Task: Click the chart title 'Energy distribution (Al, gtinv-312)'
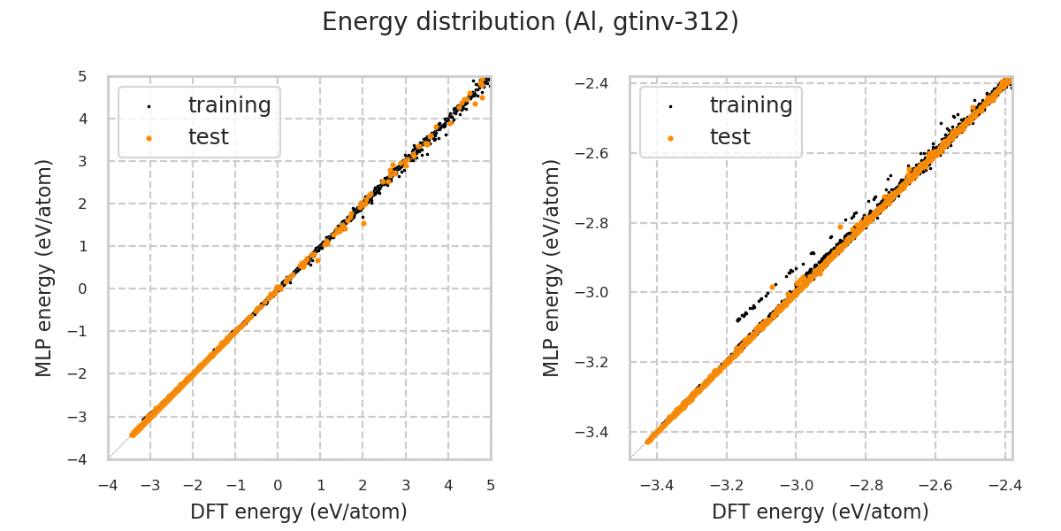pyautogui.click(x=530, y=22)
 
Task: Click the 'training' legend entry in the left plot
pyautogui.click(x=229, y=105)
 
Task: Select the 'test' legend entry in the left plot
pyautogui.click(x=208, y=137)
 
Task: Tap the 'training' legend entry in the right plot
pyautogui.click(x=751, y=105)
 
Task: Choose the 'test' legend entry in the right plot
pyautogui.click(x=729, y=137)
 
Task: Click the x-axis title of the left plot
pyautogui.click(x=299, y=512)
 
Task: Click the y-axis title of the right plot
pyautogui.click(x=553, y=267)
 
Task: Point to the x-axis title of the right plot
pyautogui.click(x=821, y=512)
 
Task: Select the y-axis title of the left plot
pyautogui.click(x=44, y=267)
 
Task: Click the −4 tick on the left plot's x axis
pyautogui.click(x=108, y=486)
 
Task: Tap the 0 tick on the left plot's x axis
pyautogui.click(x=278, y=486)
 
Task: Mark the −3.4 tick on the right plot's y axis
pyautogui.click(x=597, y=432)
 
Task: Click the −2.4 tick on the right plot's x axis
pyautogui.click(x=1005, y=486)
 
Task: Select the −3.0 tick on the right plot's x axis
pyautogui.click(x=796, y=486)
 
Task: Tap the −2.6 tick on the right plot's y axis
pyautogui.click(x=597, y=153)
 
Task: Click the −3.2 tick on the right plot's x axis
pyautogui.click(x=726, y=486)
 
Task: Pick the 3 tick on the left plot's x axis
pyautogui.click(x=406, y=486)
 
